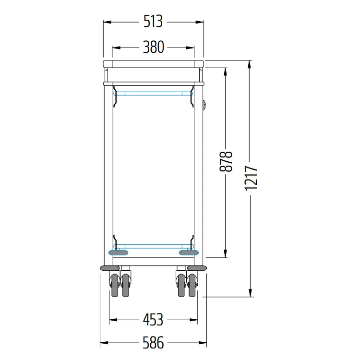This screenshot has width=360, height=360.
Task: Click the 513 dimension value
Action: click(153, 21)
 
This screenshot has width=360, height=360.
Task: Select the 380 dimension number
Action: click(154, 47)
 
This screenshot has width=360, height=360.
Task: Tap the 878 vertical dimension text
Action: click(226, 161)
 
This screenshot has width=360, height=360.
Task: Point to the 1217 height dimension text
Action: click(251, 178)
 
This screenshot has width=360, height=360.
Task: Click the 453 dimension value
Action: click(153, 320)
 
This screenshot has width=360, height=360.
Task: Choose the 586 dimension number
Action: click(154, 343)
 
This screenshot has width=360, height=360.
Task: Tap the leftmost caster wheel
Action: click(115, 286)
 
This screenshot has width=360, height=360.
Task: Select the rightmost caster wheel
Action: click(192, 286)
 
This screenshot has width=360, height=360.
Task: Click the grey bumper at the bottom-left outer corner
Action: click(110, 268)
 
